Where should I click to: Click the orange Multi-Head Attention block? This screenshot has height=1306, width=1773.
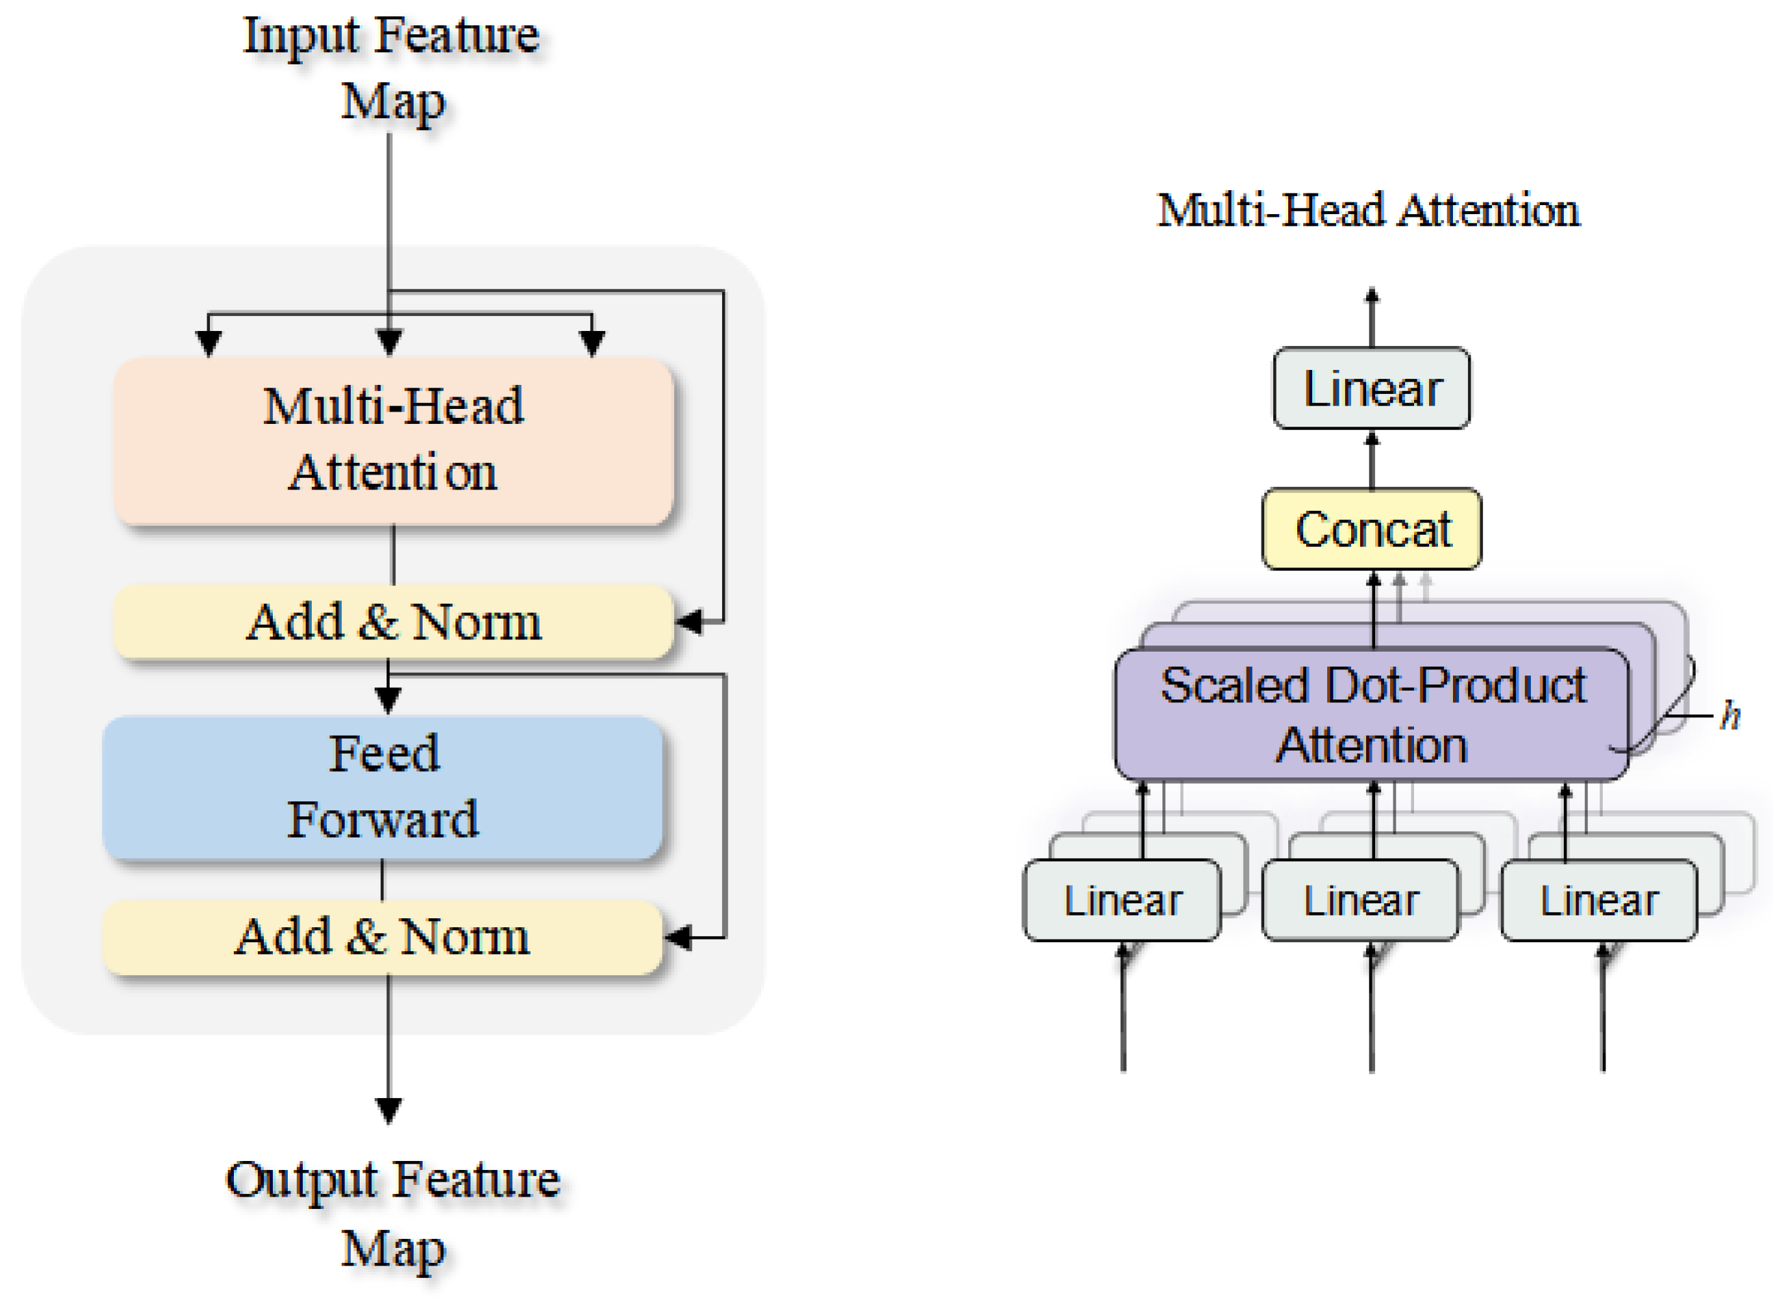(x=393, y=440)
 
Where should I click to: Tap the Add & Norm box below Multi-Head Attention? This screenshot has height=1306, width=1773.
(x=393, y=622)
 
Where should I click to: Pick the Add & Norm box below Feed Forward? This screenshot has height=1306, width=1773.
(x=383, y=937)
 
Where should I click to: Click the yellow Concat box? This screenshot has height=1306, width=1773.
(x=1372, y=528)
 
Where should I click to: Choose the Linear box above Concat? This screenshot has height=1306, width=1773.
(x=1372, y=388)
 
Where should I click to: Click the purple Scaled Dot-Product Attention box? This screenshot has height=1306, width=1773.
(x=1372, y=714)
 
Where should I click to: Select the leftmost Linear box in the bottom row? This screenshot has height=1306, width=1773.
(x=1121, y=900)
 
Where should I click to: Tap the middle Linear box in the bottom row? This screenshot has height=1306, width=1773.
(x=1361, y=900)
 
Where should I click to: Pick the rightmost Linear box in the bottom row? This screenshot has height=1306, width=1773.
(x=1599, y=900)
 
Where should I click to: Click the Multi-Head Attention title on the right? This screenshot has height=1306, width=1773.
(x=1368, y=211)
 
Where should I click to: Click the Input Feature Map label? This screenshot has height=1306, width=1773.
(x=392, y=70)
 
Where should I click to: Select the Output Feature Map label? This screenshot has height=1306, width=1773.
(x=393, y=1214)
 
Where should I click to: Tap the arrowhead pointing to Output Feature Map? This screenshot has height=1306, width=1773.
(x=388, y=1110)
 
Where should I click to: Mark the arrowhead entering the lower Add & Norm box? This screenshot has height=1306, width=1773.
(x=678, y=937)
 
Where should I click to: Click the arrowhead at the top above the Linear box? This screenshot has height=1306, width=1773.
(x=1372, y=295)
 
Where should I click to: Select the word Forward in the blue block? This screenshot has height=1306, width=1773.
(x=383, y=819)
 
